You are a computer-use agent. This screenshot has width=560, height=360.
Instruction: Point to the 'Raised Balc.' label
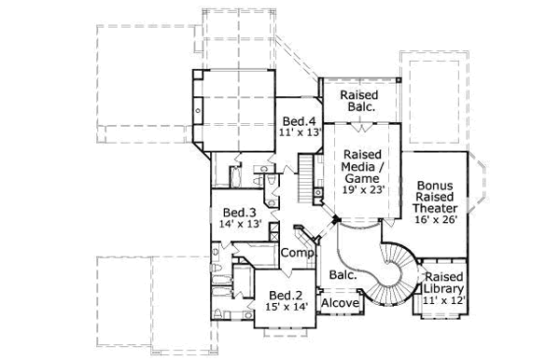click(x=358, y=102)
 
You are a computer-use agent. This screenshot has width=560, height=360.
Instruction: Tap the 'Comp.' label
click(x=296, y=253)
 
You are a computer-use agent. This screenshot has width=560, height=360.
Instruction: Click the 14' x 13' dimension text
click(x=239, y=224)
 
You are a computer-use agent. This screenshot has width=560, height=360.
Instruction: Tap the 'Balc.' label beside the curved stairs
click(x=342, y=275)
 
